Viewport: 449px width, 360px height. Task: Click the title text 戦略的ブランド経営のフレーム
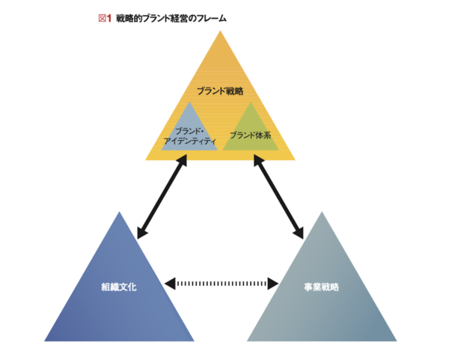click(171, 18)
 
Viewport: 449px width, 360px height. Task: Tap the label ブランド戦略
click(220, 91)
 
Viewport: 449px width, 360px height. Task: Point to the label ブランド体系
click(251, 135)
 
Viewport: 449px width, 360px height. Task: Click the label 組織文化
click(119, 286)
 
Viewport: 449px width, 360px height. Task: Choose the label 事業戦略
click(322, 286)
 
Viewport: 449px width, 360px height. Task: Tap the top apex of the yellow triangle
click(220, 34)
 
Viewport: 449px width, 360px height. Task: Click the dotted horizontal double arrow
click(221, 283)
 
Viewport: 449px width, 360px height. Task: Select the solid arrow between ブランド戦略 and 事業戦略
click(281, 196)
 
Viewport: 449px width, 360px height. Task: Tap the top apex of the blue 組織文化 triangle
click(119, 213)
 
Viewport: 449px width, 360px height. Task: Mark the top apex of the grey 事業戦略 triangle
click(322, 213)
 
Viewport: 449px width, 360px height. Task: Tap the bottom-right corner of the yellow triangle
click(294, 159)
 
